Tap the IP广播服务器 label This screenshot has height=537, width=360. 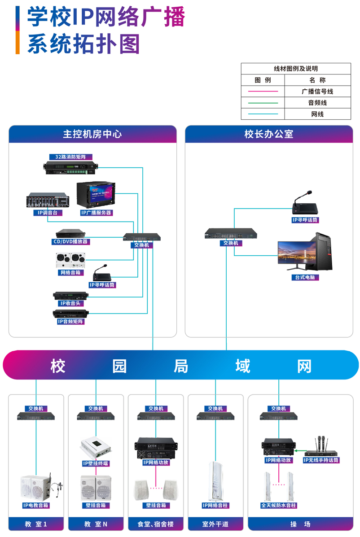[x=96, y=213]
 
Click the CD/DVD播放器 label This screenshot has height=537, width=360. [x=70, y=242]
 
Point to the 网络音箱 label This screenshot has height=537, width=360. [x=70, y=272]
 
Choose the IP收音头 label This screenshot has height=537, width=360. [x=70, y=303]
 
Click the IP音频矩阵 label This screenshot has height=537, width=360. [x=70, y=321]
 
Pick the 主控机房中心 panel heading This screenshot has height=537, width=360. [x=92, y=134]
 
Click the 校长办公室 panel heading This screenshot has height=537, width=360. [x=268, y=134]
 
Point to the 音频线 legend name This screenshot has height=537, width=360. [x=317, y=103]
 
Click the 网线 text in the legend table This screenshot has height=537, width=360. [x=317, y=114]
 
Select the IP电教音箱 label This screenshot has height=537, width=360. [x=36, y=505]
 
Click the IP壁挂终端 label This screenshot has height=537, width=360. [x=96, y=463]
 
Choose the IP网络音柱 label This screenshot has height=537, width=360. [x=215, y=505]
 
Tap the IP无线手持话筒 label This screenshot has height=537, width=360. [x=321, y=460]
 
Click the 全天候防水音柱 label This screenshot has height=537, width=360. [x=279, y=505]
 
